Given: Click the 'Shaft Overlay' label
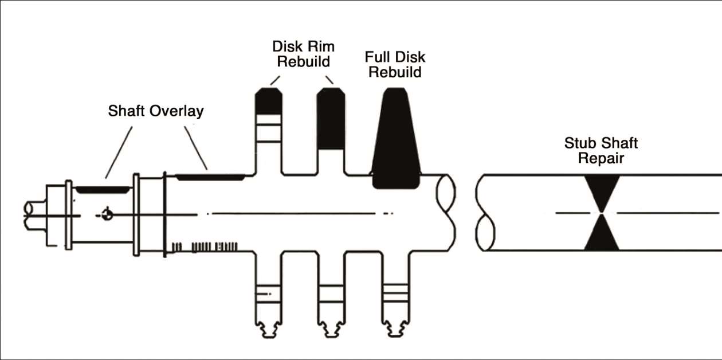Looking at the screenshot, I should (155, 111).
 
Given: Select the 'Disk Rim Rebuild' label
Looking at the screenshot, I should (303, 53).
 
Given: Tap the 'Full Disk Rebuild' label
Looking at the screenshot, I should (395, 65).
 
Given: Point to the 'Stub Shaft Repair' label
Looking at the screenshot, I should (601, 150).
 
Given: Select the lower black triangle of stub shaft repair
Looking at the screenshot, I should (601, 235).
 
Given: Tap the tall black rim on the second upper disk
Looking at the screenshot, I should (331, 119).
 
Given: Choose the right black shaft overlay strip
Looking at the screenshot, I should (210, 177).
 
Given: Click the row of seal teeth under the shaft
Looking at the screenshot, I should (206, 246).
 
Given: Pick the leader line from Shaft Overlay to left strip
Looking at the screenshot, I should (119, 152).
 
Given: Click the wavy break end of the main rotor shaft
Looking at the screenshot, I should (446, 212).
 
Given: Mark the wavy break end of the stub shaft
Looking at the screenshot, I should (485, 212).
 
